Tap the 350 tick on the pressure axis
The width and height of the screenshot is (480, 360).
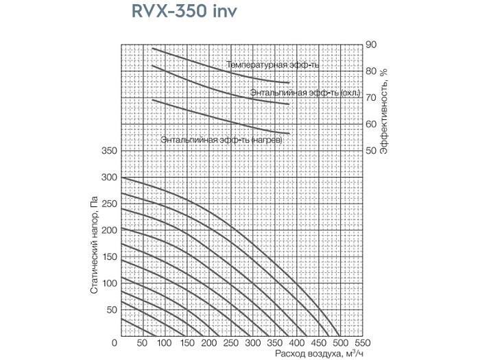coord(109,150)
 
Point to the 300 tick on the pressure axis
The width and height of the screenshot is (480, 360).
coord(109,177)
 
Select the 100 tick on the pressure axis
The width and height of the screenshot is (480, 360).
coord(109,283)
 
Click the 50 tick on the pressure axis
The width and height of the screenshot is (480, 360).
coord(111,310)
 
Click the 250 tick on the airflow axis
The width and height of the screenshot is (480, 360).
coord(230,343)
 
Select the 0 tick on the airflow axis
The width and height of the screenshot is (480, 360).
coord(121,343)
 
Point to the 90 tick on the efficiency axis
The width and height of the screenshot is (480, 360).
coord(371,45)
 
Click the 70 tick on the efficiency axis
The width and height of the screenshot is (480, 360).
coord(371,97)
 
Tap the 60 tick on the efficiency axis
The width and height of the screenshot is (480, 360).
coord(371,124)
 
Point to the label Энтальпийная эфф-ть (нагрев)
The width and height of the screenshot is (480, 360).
coord(221,139)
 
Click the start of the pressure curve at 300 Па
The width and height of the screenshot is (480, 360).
coord(122,177)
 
